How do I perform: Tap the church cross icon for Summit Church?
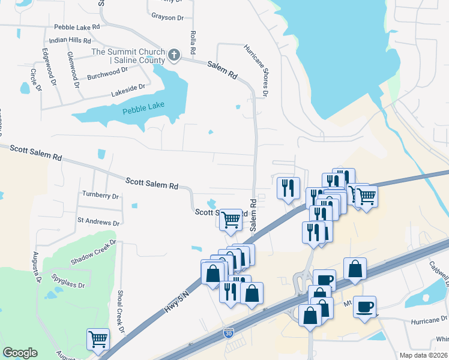point(174,56)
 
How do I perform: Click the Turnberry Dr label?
point(101,196)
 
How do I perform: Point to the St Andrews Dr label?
point(98,221)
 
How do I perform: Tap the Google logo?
point(20,353)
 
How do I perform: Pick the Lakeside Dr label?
point(128,91)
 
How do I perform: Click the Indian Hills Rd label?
point(70,40)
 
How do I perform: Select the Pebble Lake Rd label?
point(76,27)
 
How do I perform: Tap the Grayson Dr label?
point(167,17)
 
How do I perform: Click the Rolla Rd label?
point(193,41)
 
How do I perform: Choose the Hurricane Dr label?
point(429,320)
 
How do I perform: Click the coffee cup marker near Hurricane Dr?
point(365,307)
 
